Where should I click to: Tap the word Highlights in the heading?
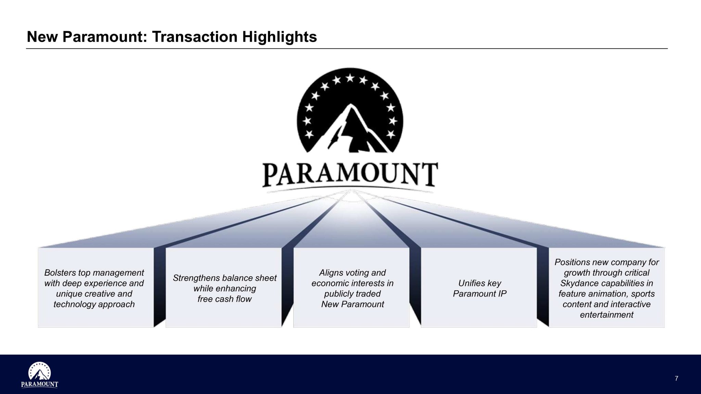point(280,37)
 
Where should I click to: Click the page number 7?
point(676,378)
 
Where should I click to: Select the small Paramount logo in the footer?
point(39,375)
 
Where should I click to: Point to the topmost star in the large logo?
point(350,78)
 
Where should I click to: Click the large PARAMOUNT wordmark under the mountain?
point(350,175)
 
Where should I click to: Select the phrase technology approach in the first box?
point(94,304)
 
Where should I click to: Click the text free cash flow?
point(225,299)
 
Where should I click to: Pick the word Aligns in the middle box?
point(331,273)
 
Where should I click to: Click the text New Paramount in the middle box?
point(353,304)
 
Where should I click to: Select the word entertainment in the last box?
point(607,315)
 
